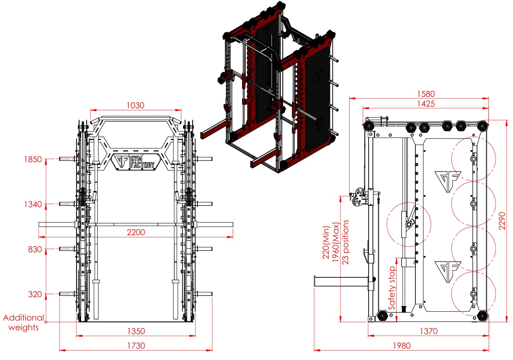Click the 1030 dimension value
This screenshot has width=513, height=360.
click(135, 106)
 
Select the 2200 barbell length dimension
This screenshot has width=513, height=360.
click(136, 233)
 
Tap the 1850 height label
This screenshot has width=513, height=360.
click(33, 159)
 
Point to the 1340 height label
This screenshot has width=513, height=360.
click(33, 204)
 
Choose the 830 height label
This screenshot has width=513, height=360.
click(35, 249)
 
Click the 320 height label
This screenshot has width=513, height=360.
click(35, 294)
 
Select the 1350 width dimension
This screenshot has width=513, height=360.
click(136, 332)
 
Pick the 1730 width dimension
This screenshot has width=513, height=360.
click(136, 346)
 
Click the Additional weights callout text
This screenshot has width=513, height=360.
click(24, 323)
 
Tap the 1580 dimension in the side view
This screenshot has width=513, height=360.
click(426, 94)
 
